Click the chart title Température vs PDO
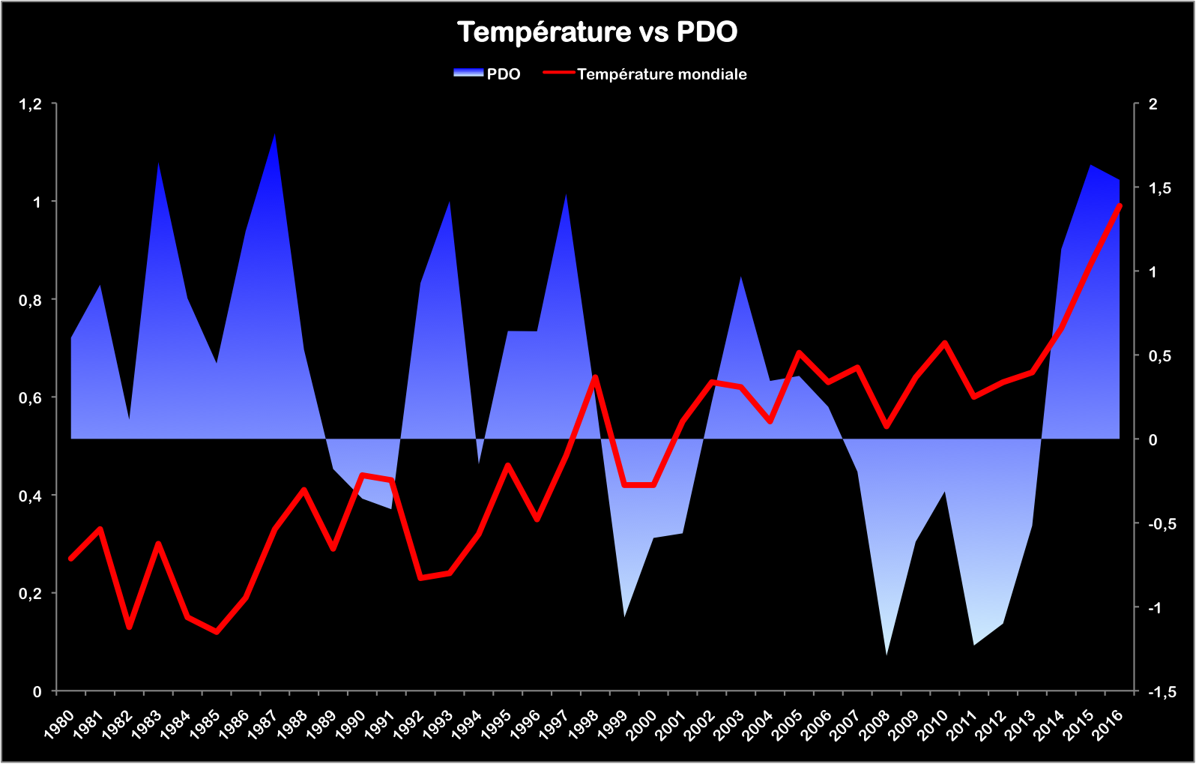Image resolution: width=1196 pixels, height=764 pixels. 597,32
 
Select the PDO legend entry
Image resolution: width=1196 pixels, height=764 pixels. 488,73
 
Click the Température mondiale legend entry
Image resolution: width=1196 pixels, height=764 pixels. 646,73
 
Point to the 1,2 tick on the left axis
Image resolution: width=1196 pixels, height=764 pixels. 31,103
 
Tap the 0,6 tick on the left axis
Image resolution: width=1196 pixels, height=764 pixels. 31,397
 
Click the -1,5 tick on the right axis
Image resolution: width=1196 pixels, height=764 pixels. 1162,691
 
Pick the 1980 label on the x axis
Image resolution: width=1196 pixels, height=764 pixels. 61,724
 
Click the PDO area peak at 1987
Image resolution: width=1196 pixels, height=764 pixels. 275,135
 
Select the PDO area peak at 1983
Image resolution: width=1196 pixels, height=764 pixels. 159,163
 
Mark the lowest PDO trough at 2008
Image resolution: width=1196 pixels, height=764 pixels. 887,654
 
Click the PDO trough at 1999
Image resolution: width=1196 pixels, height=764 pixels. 624,616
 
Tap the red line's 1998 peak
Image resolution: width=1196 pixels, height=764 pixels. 595,376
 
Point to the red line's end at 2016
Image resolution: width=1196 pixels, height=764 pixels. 1120,205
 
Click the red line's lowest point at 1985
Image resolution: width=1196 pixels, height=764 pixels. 217,632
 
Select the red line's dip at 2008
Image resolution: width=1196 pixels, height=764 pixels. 887,426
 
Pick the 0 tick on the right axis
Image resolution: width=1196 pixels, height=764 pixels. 1153,439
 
